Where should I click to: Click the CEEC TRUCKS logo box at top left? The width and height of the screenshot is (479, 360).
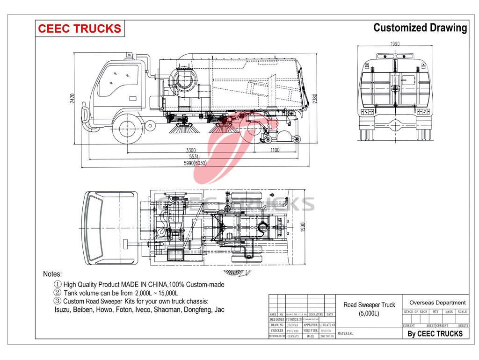(79, 28)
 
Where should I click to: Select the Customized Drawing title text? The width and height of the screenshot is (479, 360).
(420, 28)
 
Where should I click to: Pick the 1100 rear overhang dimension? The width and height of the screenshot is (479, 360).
(274, 151)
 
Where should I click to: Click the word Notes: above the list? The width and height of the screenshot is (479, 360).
(52, 274)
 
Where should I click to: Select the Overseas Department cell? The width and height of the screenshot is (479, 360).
(437, 302)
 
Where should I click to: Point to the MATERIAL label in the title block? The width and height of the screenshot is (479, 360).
(345, 334)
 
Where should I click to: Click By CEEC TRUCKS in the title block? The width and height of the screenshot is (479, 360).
(435, 333)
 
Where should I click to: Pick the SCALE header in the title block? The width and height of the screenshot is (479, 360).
(462, 312)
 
